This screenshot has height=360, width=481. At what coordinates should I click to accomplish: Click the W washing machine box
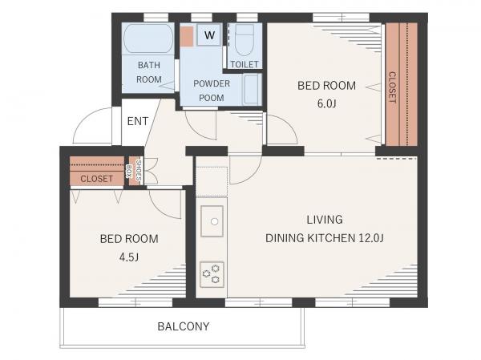(x=209, y=34)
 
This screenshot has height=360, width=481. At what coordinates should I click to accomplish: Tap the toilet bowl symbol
(x=245, y=39)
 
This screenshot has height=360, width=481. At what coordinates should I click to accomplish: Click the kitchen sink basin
(x=212, y=221)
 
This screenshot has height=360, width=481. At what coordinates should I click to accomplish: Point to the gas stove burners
(x=212, y=274)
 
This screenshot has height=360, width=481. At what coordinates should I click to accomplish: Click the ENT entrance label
(x=138, y=121)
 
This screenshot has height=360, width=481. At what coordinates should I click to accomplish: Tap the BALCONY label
(x=184, y=326)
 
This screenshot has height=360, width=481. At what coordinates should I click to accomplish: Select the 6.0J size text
(x=327, y=103)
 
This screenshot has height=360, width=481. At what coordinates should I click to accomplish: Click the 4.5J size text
(x=129, y=257)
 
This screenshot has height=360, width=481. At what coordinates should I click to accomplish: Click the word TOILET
(x=245, y=64)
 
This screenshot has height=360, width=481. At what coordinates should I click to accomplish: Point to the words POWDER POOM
(x=212, y=91)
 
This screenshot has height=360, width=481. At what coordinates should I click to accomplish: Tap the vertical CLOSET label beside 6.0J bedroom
(x=392, y=87)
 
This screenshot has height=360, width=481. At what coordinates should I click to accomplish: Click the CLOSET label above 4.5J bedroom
(x=97, y=179)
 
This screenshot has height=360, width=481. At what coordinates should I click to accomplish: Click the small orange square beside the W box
(x=187, y=37)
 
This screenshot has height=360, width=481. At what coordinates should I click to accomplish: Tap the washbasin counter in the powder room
(x=253, y=89)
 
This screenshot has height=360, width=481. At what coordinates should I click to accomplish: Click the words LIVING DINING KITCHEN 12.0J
(x=325, y=229)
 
